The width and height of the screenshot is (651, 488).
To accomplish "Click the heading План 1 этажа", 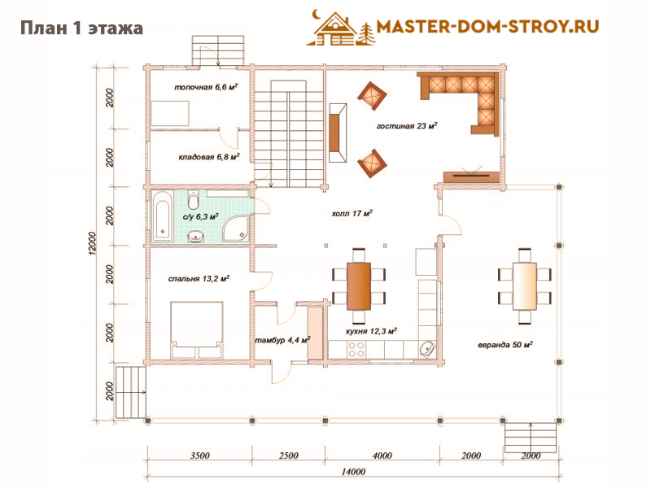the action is [x=82, y=28].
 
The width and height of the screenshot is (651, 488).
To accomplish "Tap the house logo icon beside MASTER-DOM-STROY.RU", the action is [x=340, y=28].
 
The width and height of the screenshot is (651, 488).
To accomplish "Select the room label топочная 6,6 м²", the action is [x=206, y=87].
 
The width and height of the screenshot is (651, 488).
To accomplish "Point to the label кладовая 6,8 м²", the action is [x=209, y=157].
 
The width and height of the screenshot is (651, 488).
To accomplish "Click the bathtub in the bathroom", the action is [x=162, y=216].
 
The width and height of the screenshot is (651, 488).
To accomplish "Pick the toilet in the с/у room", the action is [x=193, y=199].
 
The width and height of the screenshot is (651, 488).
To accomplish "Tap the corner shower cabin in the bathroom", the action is [x=237, y=228].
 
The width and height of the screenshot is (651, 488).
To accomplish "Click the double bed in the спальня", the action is [x=196, y=330].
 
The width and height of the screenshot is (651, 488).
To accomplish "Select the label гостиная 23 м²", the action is [x=407, y=125].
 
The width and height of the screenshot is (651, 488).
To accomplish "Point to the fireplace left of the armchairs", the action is [x=338, y=133].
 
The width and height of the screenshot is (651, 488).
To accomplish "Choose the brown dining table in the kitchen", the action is [x=359, y=286].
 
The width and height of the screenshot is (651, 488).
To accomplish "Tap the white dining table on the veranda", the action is [x=525, y=286].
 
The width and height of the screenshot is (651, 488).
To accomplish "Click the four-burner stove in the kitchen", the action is [x=356, y=350].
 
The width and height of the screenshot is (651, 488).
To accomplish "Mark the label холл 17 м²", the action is [x=352, y=213].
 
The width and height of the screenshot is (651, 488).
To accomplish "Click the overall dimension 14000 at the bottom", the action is [x=353, y=472].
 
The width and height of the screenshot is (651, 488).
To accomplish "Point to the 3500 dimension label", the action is [x=199, y=455].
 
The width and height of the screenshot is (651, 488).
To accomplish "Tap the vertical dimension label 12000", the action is [x=92, y=242].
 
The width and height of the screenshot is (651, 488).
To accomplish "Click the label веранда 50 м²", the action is [x=505, y=344].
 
